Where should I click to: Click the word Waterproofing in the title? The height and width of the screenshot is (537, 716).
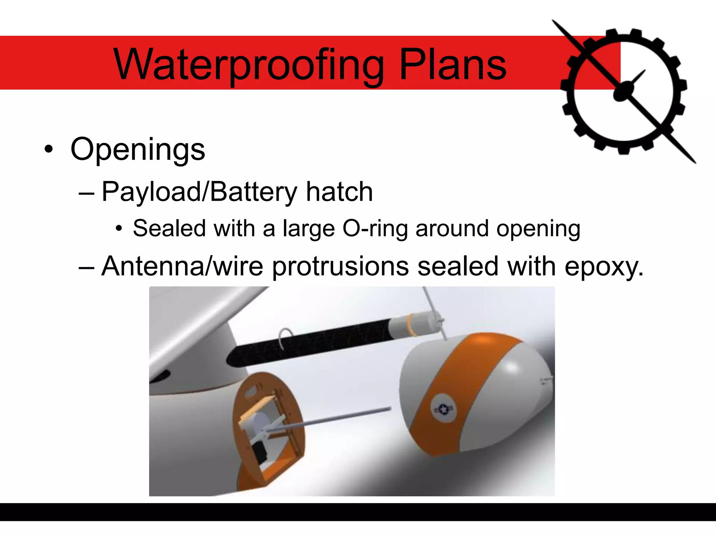[x=249, y=65]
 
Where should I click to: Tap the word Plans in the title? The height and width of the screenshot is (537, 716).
[x=452, y=64]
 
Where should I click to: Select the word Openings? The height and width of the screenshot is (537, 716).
[x=138, y=150]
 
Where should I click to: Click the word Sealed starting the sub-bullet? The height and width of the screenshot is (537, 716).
[x=169, y=228]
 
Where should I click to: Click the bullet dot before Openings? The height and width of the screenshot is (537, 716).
[x=49, y=149]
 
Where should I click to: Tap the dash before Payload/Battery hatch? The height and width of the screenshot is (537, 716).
[x=86, y=193]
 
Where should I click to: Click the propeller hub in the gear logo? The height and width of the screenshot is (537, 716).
[x=623, y=92]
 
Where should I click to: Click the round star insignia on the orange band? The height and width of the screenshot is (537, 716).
[x=443, y=409]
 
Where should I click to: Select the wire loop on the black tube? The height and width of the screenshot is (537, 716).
[x=285, y=338]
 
